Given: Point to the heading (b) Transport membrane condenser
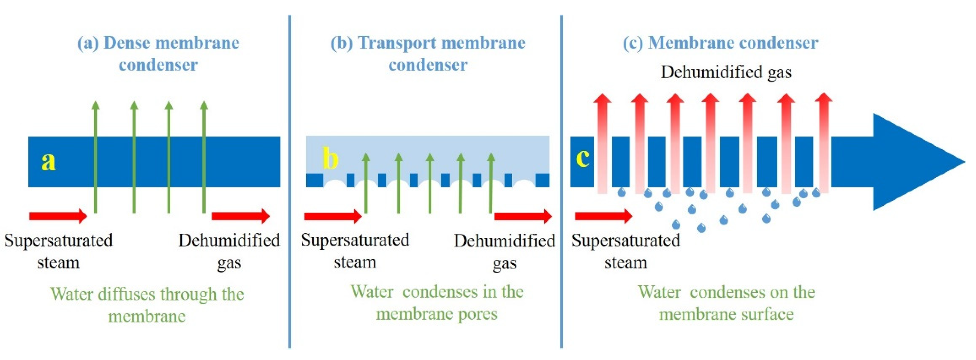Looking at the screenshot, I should [x=428, y=53].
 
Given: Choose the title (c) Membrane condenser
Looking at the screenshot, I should [x=720, y=43].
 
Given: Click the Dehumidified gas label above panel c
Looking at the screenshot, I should [x=726, y=72].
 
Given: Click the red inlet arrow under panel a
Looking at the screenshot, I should [x=58, y=216].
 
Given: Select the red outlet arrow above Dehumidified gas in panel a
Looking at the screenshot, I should [x=240, y=216].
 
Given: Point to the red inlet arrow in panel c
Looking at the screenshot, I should [x=603, y=216].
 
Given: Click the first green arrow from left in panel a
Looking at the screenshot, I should [x=95, y=157].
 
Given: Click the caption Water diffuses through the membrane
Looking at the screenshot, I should [x=147, y=305].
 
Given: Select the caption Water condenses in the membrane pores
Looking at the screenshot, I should [x=437, y=302].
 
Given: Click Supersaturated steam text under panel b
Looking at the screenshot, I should [x=355, y=251].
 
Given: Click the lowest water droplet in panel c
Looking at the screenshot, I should [x=701, y=228].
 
